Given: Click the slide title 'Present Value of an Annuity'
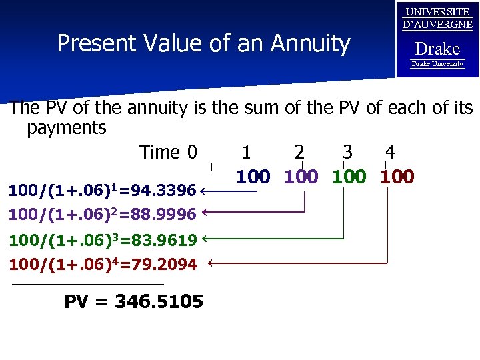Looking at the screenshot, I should click(203, 43).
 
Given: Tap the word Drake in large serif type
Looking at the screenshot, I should click(437, 49).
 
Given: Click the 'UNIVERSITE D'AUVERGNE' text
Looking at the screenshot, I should click(437, 19).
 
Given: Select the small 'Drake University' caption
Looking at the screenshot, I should click(437, 64).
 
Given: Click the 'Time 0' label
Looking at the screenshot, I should click(168, 153).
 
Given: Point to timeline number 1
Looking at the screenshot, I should click(247, 153).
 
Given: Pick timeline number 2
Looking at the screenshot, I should click(300, 153).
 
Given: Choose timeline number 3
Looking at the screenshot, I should click(347, 153).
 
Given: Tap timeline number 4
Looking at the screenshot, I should click(391, 153).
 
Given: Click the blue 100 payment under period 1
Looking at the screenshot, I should click(253, 177).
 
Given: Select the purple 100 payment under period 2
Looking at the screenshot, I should click(301, 177).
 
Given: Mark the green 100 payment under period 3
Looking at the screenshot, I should click(349, 177).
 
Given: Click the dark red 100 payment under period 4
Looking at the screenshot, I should click(397, 177).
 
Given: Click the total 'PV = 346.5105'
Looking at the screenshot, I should click(133, 302).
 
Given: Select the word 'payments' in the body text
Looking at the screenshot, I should click(67, 128).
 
